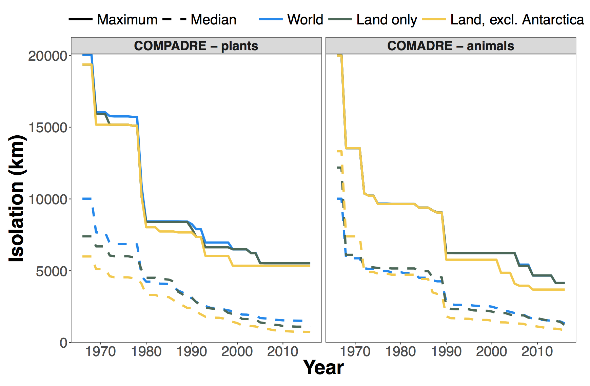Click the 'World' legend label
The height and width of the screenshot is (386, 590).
click(x=305, y=20)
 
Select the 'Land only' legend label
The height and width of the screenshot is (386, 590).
click(x=387, y=20)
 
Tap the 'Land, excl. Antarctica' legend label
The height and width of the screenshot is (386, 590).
click(x=517, y=20)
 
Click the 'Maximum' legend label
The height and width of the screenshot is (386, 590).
click(x=127, y=20)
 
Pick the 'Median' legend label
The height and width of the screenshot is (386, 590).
click(x=214, y=20)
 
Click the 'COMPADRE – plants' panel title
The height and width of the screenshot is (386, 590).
click(x=196, y=46)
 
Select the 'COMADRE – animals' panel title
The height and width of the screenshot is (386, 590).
click(x=451, y=46)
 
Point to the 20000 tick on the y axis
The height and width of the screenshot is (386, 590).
click(x=47, y=56)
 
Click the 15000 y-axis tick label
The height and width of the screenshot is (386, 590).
click(x=47, y=128)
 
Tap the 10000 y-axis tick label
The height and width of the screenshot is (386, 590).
click(x=47, y=199)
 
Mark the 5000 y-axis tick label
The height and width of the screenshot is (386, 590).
click(x=52, y=271)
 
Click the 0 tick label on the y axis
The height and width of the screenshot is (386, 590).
click(x=63, y=343)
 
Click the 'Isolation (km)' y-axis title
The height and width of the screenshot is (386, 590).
click(x=16, y=198)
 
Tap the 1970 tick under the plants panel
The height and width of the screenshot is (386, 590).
click(x=101, y=352)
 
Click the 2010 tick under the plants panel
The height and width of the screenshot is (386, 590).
click(x=282, y=352)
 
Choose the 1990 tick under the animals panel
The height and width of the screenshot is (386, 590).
click(x=446, y=352)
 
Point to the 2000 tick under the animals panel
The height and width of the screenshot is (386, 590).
click(x=492, y=352)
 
